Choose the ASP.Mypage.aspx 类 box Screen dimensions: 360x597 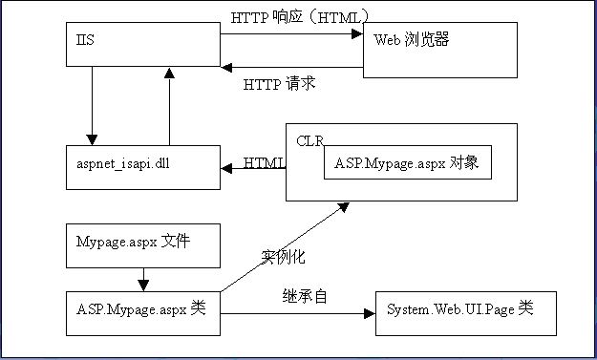[141, 312]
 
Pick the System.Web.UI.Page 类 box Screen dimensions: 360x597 [465, 312]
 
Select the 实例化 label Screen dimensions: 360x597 [284, 257]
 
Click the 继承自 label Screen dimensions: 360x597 [305, 296]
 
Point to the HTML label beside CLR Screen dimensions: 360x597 [265, 162]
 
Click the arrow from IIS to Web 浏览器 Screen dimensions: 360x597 [291, 34]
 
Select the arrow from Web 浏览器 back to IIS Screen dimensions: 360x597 [291, 68]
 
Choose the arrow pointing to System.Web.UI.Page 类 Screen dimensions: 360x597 [296, 312]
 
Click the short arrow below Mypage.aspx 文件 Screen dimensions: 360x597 [141, 280]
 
